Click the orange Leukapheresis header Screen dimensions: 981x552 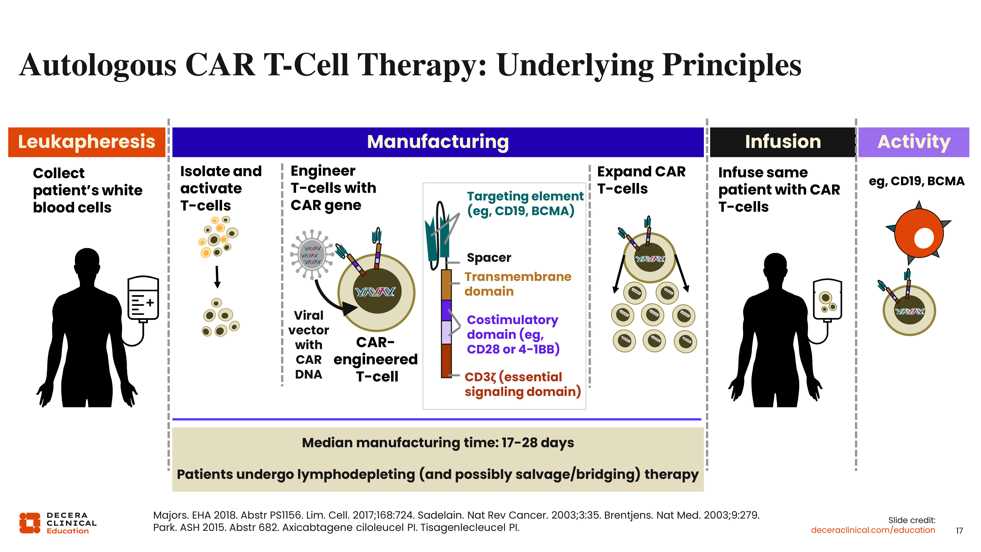click(87, 142)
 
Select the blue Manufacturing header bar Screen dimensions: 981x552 click(438, 142)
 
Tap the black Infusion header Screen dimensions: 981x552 click(783, 142)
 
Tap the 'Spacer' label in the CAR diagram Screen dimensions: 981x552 click(489, 258)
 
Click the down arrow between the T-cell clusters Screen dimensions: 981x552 click(217, 277)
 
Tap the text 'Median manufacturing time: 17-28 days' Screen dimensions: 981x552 click(438, 443)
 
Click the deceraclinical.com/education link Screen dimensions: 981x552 click(873, 530)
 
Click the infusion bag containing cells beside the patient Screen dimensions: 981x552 click(827, 299)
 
